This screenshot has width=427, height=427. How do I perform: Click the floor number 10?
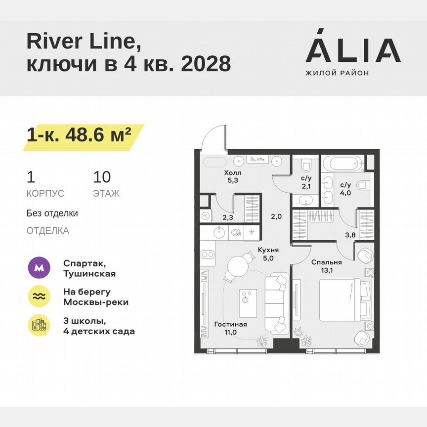pyautogui.click(x=102, y=176)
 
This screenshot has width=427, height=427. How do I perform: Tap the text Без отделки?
pyautogui.click(x=52, y=213)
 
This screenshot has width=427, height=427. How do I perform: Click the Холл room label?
pyautogui.click(x=233, y=172)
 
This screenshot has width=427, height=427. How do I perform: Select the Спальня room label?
pyautogui.click(x=326, y=262)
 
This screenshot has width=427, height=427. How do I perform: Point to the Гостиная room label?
pyautogui.click(x=230, y=324)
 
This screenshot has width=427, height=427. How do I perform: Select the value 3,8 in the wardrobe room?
pyautogui.click(x=349, y=235)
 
